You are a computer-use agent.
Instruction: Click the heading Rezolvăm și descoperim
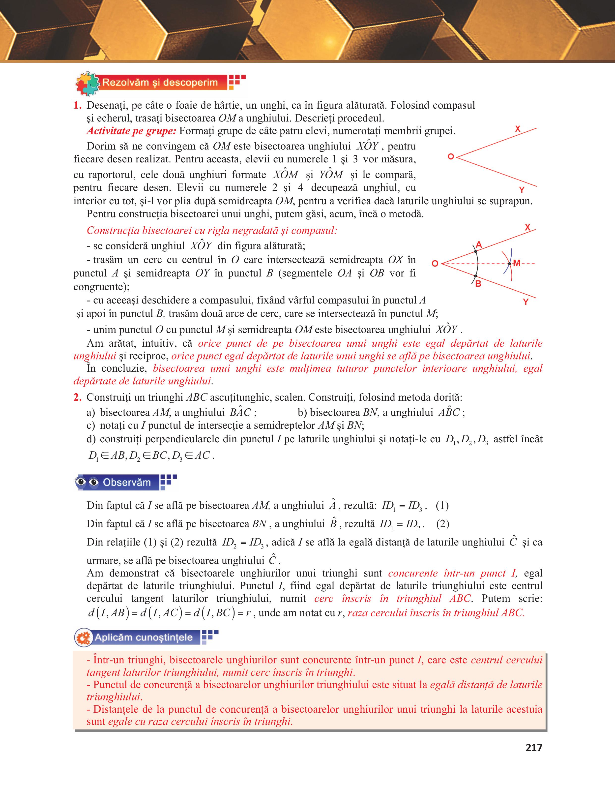pos(160,83)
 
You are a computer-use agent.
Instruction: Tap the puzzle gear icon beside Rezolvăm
pos(87,83)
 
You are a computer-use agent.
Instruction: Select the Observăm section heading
pos(127,483)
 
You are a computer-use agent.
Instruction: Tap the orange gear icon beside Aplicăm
pos(84,638)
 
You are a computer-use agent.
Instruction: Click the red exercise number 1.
pos(77,105)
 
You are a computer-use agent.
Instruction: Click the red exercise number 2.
pos(77,397)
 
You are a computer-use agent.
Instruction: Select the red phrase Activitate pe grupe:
pos(131,131)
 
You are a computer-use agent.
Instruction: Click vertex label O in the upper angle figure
pos(451,157)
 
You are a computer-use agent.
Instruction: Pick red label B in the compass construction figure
pos(478,284)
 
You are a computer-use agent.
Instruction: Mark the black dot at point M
pos(509,264)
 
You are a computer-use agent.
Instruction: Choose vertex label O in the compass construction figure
pos(435,264)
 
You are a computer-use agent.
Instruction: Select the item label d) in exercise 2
pos(91,439)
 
